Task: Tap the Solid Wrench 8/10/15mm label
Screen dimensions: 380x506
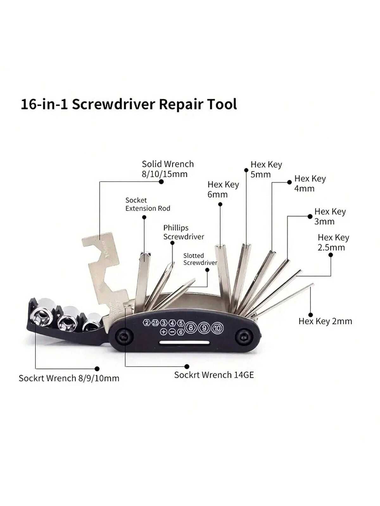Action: (168, 169)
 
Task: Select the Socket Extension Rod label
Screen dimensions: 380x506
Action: (148, 204)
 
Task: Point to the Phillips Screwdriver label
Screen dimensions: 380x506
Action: (184, 232)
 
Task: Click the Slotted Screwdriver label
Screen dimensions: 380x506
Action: (200, 259)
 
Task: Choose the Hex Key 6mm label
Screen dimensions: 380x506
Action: (223, 189)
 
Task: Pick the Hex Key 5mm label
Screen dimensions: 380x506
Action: (266, 170)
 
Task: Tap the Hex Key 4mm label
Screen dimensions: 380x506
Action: (310, 183)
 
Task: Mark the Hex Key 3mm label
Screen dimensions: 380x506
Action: (330, 216)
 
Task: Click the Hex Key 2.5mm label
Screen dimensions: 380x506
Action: (333, 243)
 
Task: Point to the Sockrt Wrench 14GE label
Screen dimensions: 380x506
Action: (214, 375)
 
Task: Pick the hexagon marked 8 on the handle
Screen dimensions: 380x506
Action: (191, 328)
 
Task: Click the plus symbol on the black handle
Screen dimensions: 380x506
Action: (164, 332)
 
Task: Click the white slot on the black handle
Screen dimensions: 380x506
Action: (185, 343)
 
